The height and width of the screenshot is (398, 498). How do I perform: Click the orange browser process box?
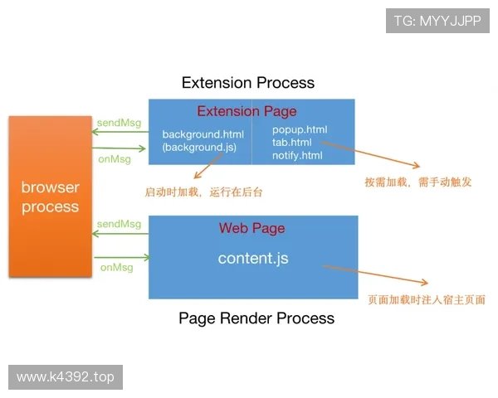50,197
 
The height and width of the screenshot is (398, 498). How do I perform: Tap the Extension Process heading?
248,82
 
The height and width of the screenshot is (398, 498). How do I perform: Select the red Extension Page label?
247,111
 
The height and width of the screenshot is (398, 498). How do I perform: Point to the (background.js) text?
199,147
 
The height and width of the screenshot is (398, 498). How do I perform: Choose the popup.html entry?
300,129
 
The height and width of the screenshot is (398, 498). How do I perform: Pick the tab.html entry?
292,142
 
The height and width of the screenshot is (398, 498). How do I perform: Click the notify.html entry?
297,155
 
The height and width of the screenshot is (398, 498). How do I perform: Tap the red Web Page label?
251,228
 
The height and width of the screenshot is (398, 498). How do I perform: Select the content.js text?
253,258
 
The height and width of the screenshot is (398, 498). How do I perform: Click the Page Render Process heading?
256,318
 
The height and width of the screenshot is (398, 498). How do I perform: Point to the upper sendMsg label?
119,123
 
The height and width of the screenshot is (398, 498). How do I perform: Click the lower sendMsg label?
119,224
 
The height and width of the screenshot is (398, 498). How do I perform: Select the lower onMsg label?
117,267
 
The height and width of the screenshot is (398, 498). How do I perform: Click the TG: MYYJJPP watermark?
437,21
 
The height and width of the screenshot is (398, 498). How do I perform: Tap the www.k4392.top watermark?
66,377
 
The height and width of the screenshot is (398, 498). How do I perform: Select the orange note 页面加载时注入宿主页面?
426,299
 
